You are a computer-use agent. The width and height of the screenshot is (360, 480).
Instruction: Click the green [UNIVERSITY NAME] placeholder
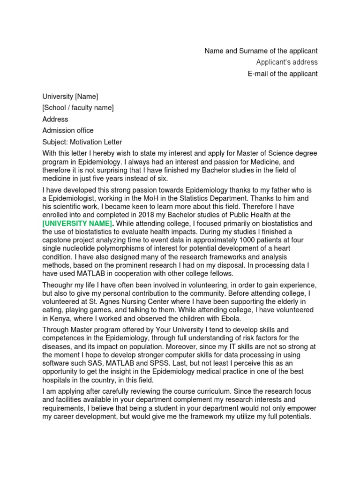[x=77, y=224]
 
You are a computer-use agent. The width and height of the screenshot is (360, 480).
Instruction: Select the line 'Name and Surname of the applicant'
[x=261, y=51]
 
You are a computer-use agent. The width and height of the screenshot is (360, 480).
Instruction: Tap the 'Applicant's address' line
[x=287, y=62]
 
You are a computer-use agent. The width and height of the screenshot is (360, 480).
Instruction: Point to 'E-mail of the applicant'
[x=283, y=74]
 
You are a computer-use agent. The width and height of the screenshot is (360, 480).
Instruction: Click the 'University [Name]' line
[x=70, y=97]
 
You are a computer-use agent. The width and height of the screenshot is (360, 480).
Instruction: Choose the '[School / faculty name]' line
[x=78, y=108]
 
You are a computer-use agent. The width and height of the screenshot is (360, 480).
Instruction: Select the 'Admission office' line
[x=68, y=130]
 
